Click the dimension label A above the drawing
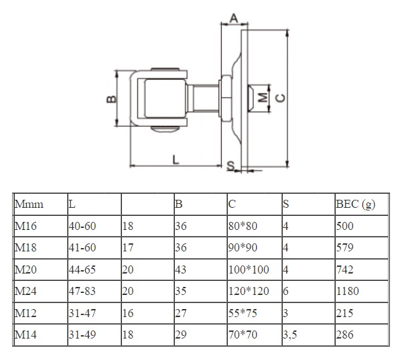(x=234, y=16)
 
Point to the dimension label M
(x=263, y=97)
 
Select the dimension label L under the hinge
(x=175, y=160)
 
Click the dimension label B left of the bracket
(x=111, y=99)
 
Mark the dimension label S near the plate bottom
(x=230, y=165)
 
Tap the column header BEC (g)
(x=355, y=204)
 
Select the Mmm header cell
(x=29, y=204)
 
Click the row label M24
(x=25, y=291)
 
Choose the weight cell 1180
(x=348, y=291)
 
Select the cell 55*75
(x=243, y=312)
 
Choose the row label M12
(x=25, y=312)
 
